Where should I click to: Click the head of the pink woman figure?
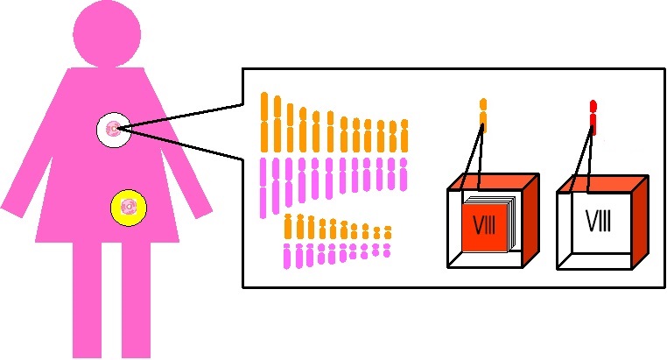pos(107,34)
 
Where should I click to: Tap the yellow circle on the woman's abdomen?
pos(129,208)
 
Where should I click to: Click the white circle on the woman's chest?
pos(113,130)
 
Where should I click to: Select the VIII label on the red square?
pos(484,224)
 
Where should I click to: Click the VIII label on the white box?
pos(598,221)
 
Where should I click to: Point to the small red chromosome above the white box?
pos(593,118)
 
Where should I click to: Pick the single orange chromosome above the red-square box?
pos(483,115)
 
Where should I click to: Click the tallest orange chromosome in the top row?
pos(264,122)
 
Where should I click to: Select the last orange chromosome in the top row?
pos(404,136)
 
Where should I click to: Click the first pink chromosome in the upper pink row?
pos(263,187)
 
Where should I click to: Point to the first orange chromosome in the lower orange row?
pos(288,226)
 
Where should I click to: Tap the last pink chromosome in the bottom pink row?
pos(387,251)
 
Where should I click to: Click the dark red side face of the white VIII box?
pos(640,222)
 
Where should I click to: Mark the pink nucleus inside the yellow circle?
pos(129,207)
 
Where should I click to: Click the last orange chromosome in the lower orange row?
pos(388,233)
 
